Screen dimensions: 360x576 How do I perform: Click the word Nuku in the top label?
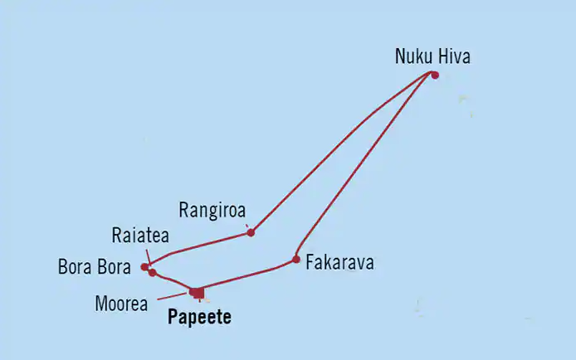coord(412,58)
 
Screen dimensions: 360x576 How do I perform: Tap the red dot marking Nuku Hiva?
coord(434,75)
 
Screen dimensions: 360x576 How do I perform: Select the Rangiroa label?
coord(213,209)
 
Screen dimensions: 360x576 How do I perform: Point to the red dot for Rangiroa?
coord(251,232)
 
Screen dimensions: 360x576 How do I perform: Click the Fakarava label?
coord(339,263)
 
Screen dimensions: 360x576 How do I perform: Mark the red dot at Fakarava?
coord(296,259)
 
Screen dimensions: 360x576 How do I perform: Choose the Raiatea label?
coord(139,235)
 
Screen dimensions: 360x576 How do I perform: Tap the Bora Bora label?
coord(93,268)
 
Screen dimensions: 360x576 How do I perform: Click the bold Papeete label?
coord(199,317)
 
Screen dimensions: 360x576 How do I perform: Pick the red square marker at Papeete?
coord(197,292)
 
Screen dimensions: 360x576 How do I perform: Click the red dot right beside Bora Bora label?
coord(145,267)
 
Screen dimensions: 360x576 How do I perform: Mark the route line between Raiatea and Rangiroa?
coord(207,242)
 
